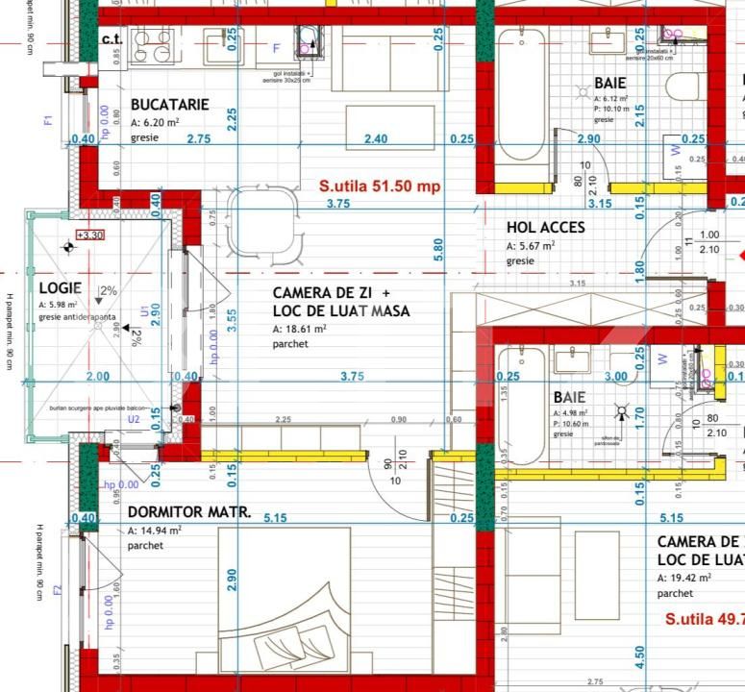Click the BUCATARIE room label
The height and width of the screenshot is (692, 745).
169,105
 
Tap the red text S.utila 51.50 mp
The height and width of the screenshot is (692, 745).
380,186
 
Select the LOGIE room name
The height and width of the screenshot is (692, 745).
60,287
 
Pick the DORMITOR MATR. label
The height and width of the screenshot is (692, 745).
189,512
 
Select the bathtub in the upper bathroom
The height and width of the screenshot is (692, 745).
521,101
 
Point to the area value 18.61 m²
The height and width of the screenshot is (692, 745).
300,329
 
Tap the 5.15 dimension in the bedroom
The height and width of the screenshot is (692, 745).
275,518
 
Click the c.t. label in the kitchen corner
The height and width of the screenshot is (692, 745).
112,39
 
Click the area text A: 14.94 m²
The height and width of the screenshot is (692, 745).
155,530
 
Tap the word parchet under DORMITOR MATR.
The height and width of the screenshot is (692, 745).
145,545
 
